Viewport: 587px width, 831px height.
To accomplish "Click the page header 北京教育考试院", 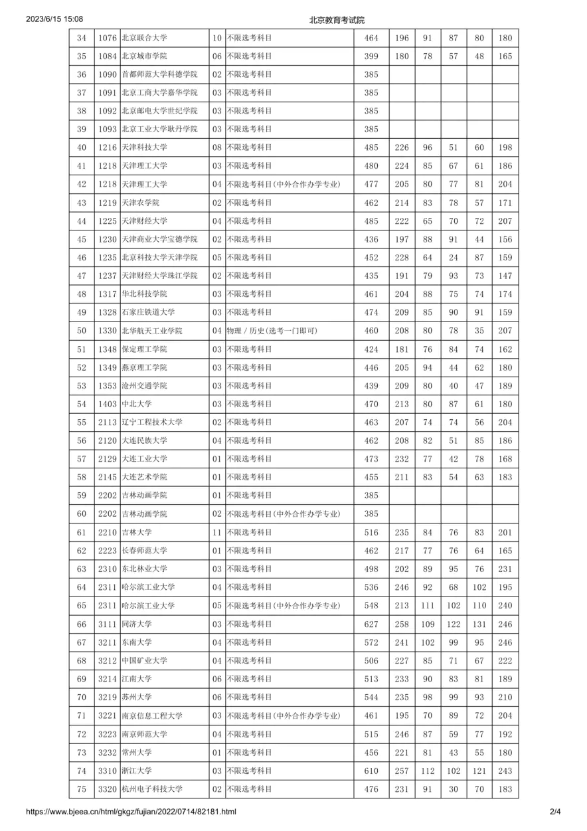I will pos(337,20).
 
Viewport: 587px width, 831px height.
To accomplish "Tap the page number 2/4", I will pos(555,811).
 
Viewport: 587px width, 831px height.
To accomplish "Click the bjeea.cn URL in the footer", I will pos(131,811).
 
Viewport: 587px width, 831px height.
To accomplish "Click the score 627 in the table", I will pos(371,624).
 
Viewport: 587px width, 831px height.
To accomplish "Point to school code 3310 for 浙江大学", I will pos(108,771).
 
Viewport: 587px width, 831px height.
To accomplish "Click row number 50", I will pos(82,330).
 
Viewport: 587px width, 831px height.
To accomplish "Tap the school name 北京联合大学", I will pos(144,39).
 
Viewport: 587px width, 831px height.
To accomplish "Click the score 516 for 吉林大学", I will pos(371,532).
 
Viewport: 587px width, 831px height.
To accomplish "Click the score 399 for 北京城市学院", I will pos(371,56).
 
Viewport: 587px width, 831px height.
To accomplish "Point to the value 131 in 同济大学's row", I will pos(479,624).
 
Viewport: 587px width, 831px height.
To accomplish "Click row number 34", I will pos(82,39).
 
